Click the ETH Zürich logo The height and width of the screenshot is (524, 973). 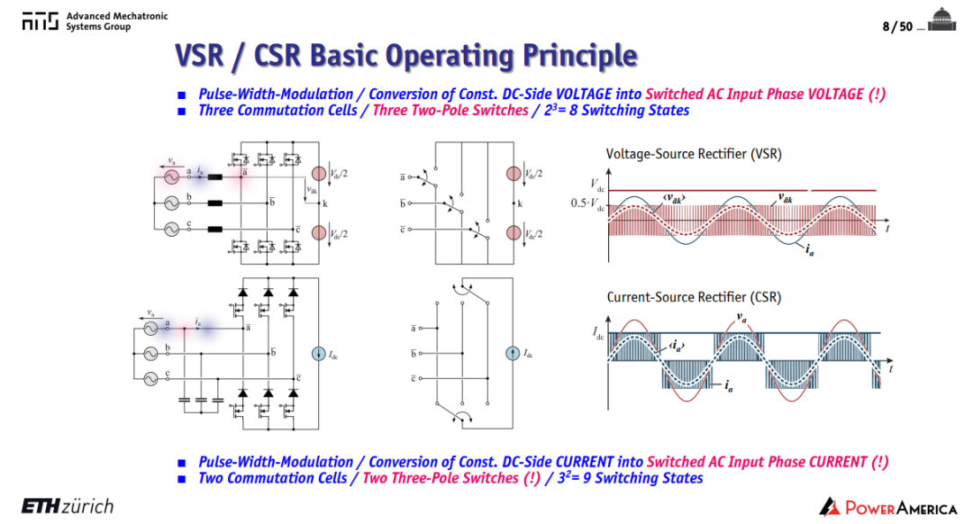point(68,506)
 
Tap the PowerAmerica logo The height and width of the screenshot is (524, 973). point(888,507)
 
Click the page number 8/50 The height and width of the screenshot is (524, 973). point(897,26)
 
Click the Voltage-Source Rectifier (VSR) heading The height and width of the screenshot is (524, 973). point(693,154)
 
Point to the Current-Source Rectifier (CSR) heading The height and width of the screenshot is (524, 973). point(693,297)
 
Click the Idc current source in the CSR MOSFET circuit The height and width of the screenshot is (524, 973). point(318,354)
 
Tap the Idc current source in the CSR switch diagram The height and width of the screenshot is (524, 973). point(513,354)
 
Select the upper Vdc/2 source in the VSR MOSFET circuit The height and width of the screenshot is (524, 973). point(319,174)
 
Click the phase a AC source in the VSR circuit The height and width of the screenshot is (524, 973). point(171,177)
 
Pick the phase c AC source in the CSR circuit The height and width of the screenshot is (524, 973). point(150,378)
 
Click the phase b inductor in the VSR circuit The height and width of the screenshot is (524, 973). point(214,203)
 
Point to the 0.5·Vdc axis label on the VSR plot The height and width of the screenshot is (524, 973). point(587,204)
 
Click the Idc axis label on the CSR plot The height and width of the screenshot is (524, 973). point(598,334)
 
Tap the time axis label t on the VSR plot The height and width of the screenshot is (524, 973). point(888,228)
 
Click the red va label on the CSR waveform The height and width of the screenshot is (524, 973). point(741,318)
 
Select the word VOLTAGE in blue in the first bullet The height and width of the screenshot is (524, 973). point(583,95)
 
